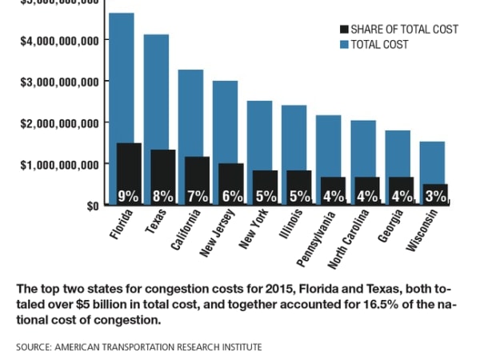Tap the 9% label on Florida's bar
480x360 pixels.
point(128,195)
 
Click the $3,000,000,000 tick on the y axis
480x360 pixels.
point(59,82)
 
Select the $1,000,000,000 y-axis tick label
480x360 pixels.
point(59,164)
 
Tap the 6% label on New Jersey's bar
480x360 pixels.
point(231,195)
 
